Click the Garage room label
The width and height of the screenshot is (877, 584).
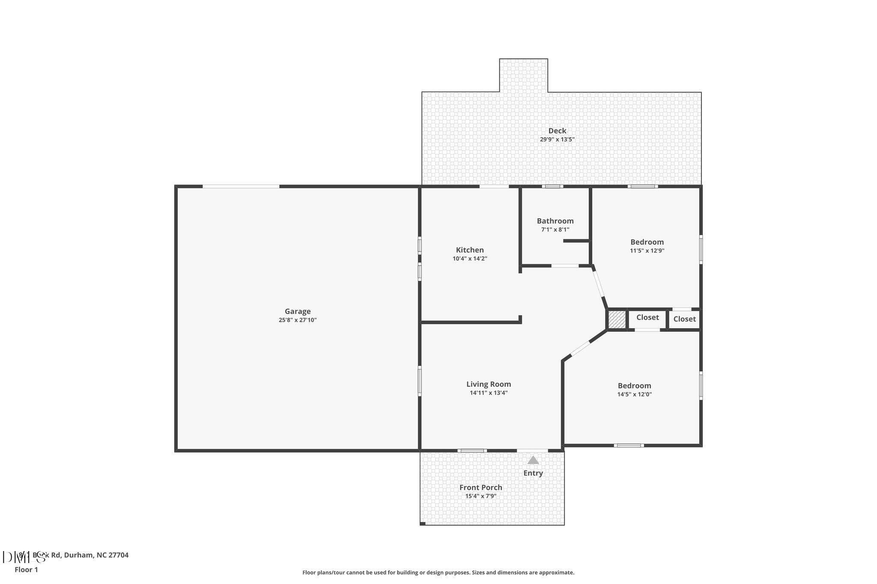click(x=298, y=311)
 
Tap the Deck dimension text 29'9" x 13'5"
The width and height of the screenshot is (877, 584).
click(x=557, y=139)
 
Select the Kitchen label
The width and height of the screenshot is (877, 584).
click(x=470, y=250)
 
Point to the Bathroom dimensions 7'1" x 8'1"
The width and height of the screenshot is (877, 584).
click(x=555, y=230)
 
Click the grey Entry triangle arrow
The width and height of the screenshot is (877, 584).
click(x=533, y=460)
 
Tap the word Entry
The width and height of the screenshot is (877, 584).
click(x=533, y=473)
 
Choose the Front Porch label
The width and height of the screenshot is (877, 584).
click(x=480, y=487)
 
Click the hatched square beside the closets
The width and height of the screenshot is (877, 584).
click(x=617, y=320)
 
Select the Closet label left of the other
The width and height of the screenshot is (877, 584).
click(x=647, y=317)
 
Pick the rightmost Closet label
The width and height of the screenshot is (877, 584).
click(x=684, y=319)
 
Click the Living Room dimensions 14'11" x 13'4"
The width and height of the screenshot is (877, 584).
click(x=489, y=393)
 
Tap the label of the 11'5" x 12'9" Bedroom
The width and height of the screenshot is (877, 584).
click(x=647, y=242)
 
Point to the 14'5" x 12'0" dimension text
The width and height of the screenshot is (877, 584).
click(x=634, y=394)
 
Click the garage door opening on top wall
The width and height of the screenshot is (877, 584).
click(x=241, y=187)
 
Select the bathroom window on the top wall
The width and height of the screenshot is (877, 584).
click(x=552, y=187)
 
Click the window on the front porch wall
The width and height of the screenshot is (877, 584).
click(x=472, y=451)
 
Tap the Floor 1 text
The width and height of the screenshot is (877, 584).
click(x=26, y=570)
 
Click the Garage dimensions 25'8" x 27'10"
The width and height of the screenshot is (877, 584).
click(x=298, y=320)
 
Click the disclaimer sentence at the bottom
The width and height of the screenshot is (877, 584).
click(x=438, y=572)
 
